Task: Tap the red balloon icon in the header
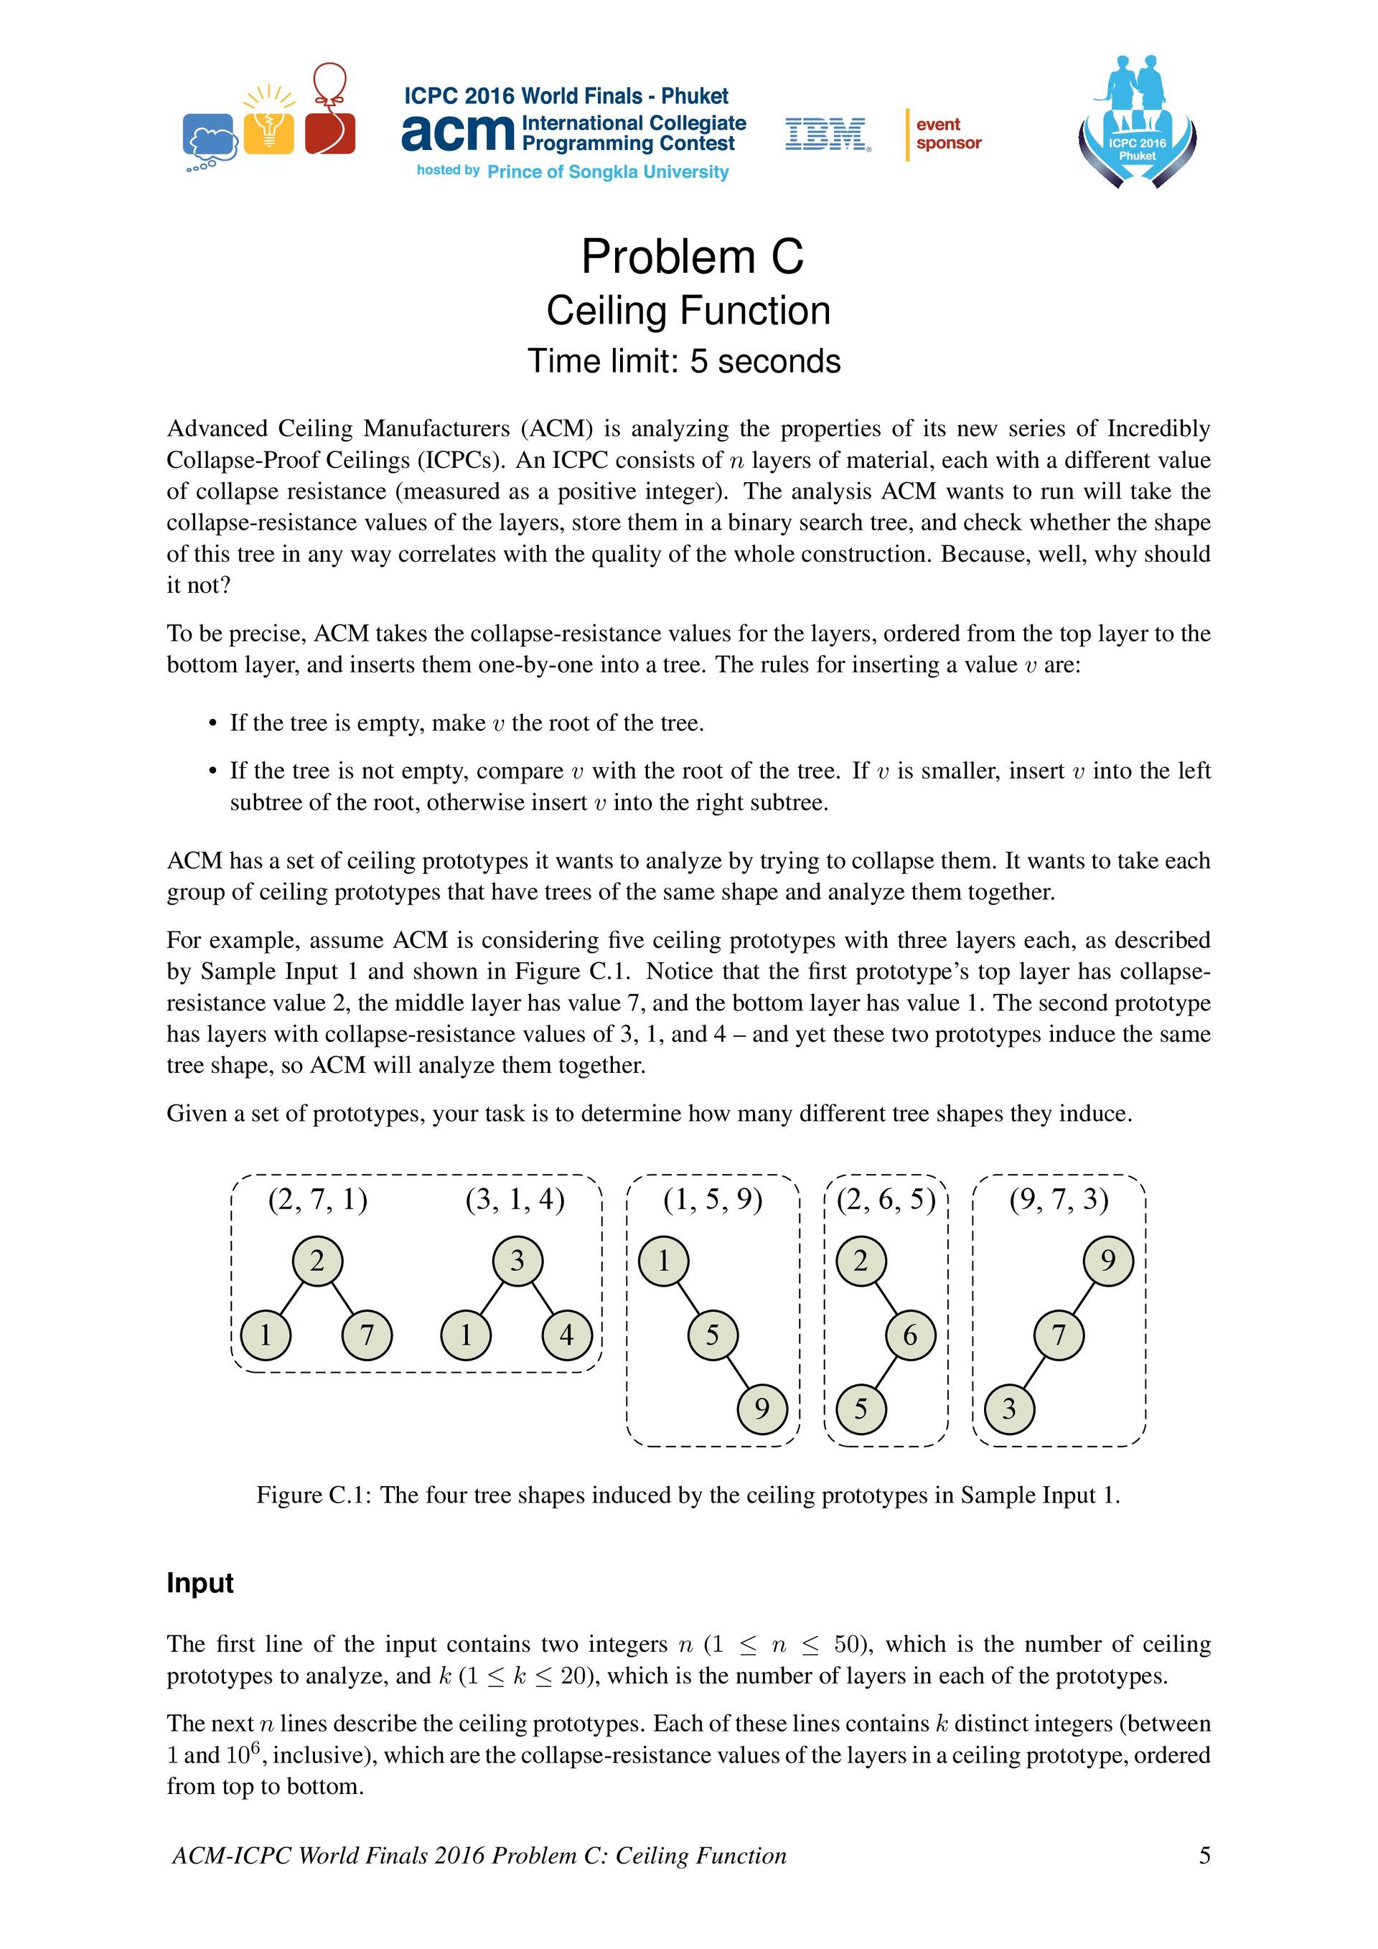coord(329,111)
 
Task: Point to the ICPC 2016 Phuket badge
coord(1137,123)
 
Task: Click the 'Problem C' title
coord(691,256)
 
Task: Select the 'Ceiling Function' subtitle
coord(688,311)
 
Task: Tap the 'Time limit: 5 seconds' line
coord(683,362)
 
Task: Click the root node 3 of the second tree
coord(517,1262)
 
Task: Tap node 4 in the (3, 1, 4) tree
coord(566,1335)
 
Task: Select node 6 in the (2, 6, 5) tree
coord(910,1335)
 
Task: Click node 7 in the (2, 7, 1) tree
coord(367,1335)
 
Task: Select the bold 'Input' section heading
coord(200,1583)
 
